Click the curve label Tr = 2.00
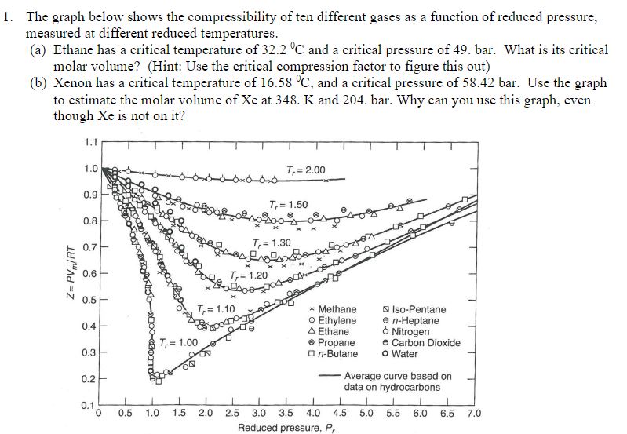coord(306,170)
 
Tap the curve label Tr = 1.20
coord(249,275)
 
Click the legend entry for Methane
coord(334,309)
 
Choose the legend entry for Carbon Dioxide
coord(425,342)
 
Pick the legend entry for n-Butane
coord(334,353)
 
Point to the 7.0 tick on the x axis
coord(474,413)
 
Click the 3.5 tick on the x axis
coord(286,413)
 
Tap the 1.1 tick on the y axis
coord(89,141)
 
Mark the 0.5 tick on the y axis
coord(89,299)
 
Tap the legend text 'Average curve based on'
coord(398,376)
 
